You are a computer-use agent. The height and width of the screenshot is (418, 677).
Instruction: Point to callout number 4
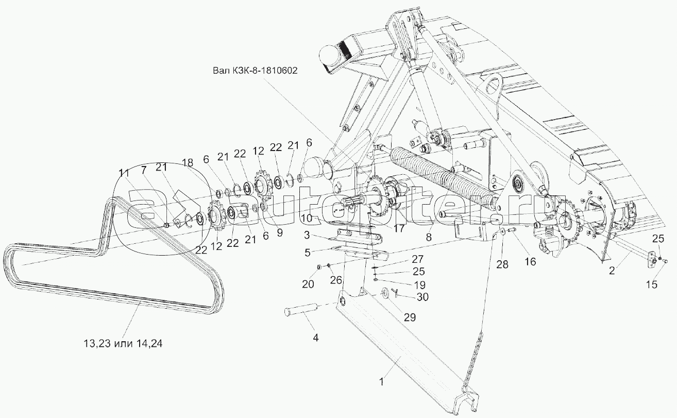click(x=316, y=338)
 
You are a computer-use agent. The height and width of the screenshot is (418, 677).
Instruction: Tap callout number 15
click(x=652, y=283)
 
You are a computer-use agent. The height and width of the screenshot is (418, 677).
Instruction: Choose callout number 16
click(x=530, y=261)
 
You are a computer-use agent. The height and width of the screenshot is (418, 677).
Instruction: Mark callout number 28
click(x=502, y=264)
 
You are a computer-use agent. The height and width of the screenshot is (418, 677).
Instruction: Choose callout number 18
click(x=188, y=162)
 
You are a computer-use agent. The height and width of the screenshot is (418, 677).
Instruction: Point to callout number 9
click(x=280, y=233)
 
